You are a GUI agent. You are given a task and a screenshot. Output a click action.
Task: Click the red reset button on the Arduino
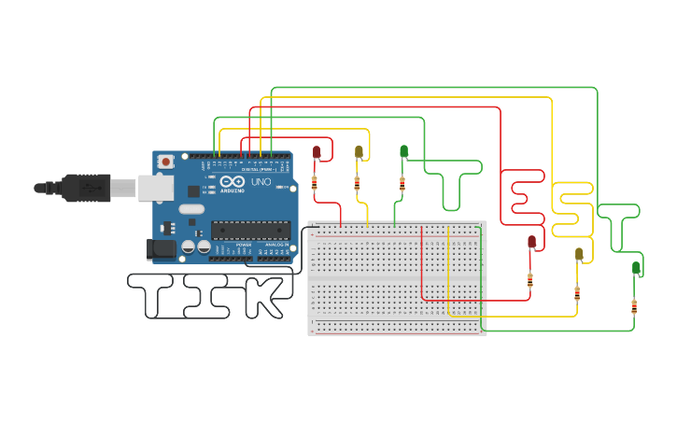pyautogui.click(x=166, y=162)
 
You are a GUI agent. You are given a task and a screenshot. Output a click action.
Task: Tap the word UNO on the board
pyautogui.click(x=261, y=181)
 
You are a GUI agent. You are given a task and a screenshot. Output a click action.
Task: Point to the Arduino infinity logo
pyautogui.click(x=233, y=180)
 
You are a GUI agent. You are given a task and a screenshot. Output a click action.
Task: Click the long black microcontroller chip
pyautogui.click(x=249, y=230)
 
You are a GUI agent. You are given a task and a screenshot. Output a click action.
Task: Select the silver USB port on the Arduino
pyautogui.click(x=155, y=188)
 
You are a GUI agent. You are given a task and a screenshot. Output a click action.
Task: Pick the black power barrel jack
pyautogui.click(x=161, y=248)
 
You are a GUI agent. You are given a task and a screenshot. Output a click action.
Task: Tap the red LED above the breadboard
pyautogui.click(x=317, y=151)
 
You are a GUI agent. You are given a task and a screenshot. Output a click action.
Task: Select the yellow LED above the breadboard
pyautogui.click(x=359, y=151)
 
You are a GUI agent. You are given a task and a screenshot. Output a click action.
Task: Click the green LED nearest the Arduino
pyautogui.click(x=403, y=151)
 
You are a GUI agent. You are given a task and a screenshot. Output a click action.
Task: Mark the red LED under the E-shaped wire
pyautogui.click(x=532, y=242)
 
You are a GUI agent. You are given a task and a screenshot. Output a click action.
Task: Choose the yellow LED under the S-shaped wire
pyautogui.click(x=579, y=254)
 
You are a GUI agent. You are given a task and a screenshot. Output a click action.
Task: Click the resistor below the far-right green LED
pyautogui.click(x=635, y=305)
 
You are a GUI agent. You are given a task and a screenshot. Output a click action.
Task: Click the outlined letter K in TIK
pyautogui.click(x=261, y=296)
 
